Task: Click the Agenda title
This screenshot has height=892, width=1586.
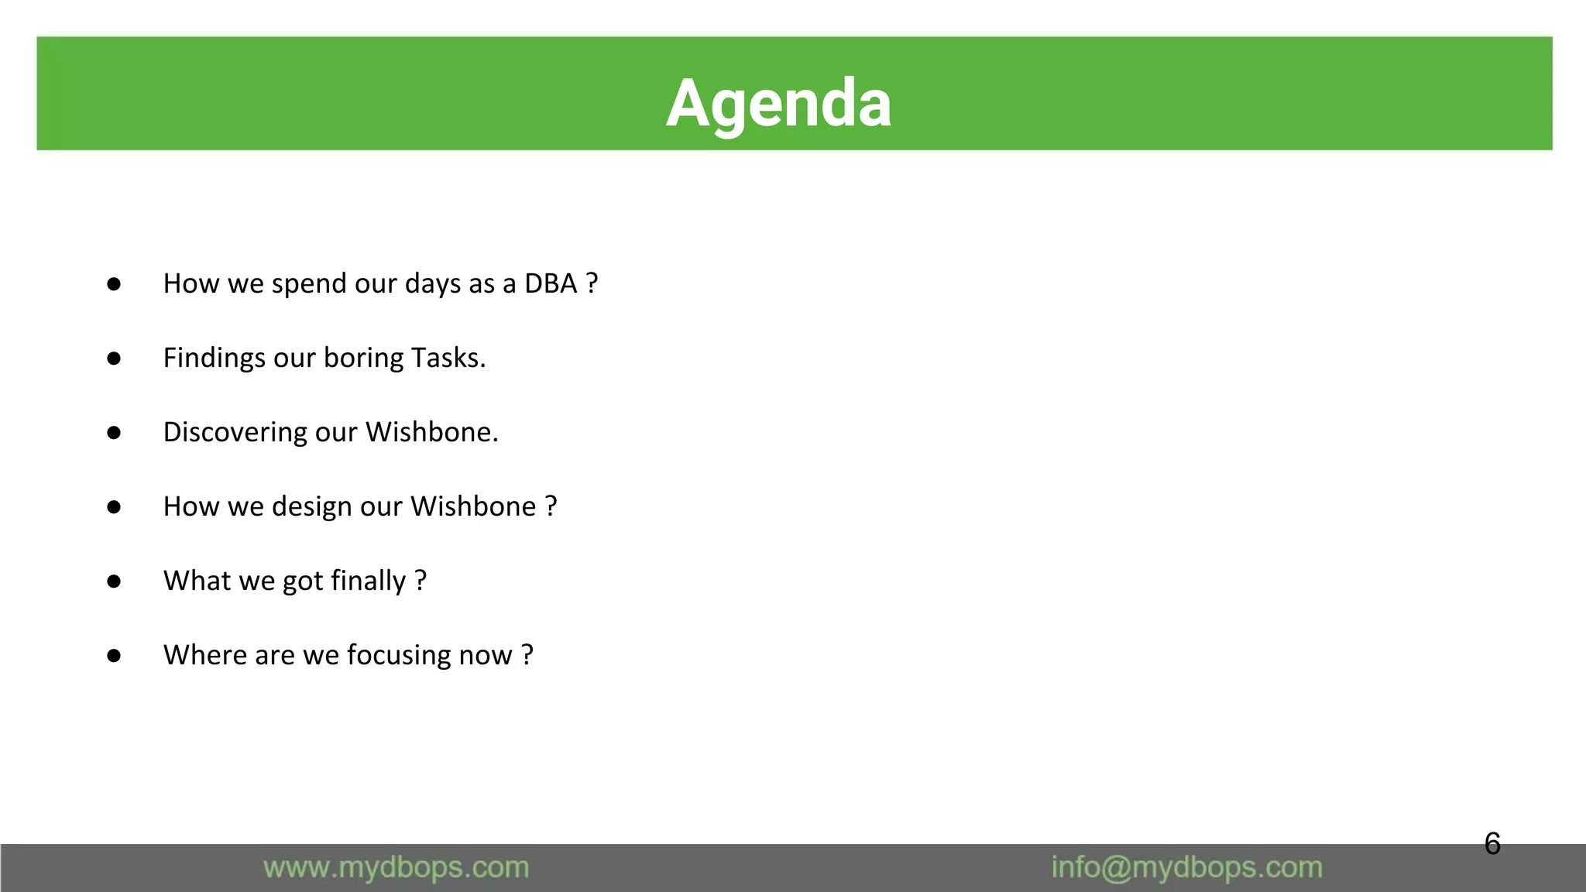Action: [x=778, y=103]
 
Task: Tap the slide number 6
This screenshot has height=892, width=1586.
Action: [x=1492, y=843]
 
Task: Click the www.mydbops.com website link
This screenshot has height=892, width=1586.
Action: [x=396, y=867]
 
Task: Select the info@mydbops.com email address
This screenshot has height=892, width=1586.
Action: [x=1186, y=867]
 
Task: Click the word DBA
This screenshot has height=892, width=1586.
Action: [x=551, y=283]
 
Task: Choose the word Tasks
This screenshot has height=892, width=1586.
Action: [x=448, y=358]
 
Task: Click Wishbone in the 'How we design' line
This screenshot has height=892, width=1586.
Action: [x=473, y=506]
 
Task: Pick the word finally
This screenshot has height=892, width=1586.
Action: [x=368, y=581]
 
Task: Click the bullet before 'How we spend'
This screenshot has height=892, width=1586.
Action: [x=114, y=284]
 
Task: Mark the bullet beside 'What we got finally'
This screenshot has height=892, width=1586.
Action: [x=114, y=582]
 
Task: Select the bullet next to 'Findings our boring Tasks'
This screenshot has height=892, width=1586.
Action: [x=114, y=359]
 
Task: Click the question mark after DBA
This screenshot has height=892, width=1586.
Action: [x=592, y=283]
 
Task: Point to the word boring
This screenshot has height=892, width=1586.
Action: [x=363, y=358]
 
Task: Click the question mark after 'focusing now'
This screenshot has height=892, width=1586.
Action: [x=527, y=655]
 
